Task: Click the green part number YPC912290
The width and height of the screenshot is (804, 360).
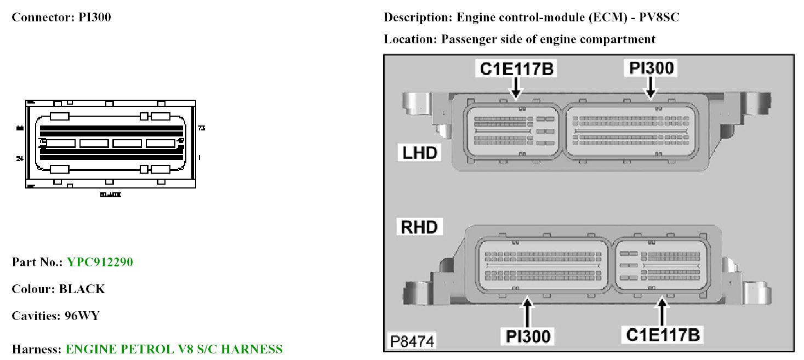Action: [100, 262]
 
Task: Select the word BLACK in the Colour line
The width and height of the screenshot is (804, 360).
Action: [82, 289]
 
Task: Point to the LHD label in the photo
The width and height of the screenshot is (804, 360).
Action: [420, 152]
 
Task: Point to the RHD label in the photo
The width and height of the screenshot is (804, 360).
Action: [420, 227]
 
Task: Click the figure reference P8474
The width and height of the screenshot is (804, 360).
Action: [412, 341]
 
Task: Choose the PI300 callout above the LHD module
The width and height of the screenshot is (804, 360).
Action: [651, 68]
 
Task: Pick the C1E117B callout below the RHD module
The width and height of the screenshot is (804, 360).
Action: [663, 334]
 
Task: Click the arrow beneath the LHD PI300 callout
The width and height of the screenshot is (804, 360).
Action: [651, 88]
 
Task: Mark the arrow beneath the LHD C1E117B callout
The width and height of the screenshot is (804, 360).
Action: [516, 88]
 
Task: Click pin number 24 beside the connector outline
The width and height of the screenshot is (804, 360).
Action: [20, 158]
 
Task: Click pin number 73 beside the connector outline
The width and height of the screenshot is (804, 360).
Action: [201, 128]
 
